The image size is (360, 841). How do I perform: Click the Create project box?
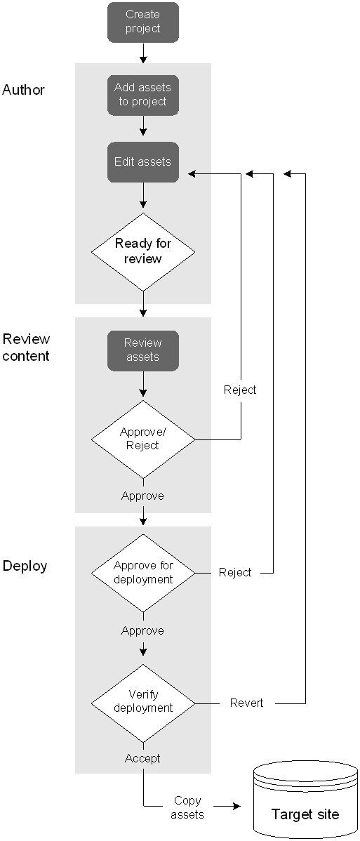coord(142,22)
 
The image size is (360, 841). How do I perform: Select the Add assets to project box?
coord(142,95)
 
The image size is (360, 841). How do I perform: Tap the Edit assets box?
coord(142,162)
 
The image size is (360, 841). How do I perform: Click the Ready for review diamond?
coord(142,251)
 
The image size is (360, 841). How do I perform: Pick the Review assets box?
coord(142,350)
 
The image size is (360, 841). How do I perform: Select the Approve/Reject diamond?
coord(142,439)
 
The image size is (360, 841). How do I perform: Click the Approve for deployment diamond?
coord(142,573)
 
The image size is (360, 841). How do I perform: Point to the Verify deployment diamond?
coord(142,703)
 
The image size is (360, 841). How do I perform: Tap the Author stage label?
coord(24,90)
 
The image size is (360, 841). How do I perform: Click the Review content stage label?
coord(26,347)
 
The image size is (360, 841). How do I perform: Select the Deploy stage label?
coord(25,567)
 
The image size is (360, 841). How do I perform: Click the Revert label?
coord(247,703)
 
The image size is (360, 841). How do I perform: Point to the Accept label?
coord(142,758)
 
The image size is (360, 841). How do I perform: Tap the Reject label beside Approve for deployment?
coord(235,573)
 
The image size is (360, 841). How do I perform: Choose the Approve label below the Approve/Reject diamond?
coord(142,496)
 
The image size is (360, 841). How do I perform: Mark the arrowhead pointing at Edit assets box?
coord(192,174)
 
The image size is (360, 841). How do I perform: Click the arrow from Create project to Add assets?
coord(142,53)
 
